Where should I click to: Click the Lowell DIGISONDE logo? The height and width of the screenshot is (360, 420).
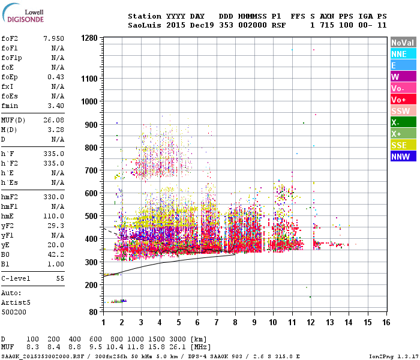[x=22, y=15]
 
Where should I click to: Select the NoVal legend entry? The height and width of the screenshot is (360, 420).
[x=403, y=43]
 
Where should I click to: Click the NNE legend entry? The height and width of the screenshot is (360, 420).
[x=403, y=54]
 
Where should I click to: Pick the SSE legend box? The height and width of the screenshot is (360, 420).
[x=403, y=145]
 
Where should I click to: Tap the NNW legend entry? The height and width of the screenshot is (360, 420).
[x=403, y=157]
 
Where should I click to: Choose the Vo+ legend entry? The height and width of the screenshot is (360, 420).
[x=403, y=100]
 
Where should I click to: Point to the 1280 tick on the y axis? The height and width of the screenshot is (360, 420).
[x=89, y=38]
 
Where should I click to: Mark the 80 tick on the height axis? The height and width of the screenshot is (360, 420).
[x=93, y=312]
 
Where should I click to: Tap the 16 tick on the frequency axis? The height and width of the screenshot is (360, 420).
[x=385, y=322]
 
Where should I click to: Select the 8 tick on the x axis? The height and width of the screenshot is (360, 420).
[x=235, y=322]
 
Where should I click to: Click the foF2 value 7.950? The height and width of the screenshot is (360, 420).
[x=53, y=38]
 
